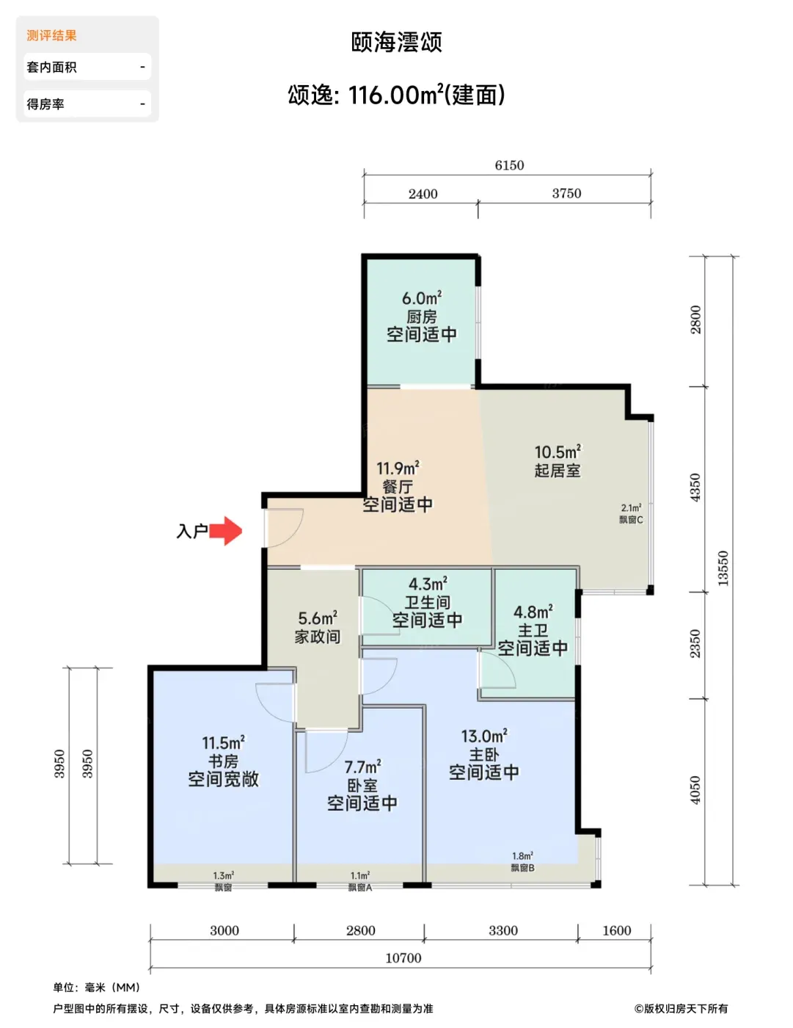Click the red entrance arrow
(x=226, y=531)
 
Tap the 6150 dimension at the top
(x=509, y=165)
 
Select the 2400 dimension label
(x=423, y=194)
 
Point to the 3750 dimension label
(x=566, y=193)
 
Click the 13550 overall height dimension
(x=723, y=568)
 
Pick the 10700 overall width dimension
(x=403, y=958)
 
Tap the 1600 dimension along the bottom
(x=617, y=930)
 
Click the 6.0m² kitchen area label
(x=422, y=299)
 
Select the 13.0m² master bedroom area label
(x=484, y=736)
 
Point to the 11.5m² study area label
(x=223, y=743)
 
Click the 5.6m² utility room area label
(x=318, y=618)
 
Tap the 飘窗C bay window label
(x=631, y=520)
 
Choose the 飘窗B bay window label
(x=522, y=868)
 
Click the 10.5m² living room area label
(x=558, y=452)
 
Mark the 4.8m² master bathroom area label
(x=533, y=612)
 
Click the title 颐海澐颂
(x=396, y=42)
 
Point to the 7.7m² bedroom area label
(x=362, y=767)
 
